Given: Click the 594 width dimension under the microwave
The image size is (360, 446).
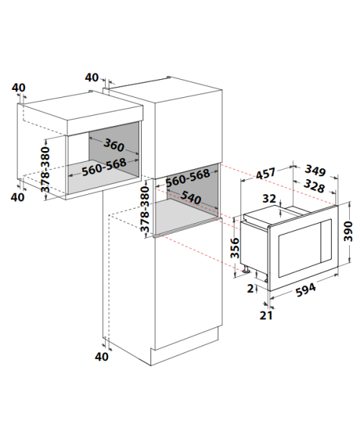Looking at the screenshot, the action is [x=306, y=290].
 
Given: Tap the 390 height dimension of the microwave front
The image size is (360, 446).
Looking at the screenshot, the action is [x=348, y=231].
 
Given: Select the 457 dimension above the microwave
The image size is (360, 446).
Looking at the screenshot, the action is [x=266, y=173].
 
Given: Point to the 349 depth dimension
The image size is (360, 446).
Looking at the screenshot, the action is [x=315, y=170].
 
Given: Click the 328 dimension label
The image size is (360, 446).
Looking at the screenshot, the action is [x=314, y=186].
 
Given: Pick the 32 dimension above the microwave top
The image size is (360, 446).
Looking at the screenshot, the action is [x=269, y=199].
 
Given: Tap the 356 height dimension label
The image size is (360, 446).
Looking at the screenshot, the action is [x=235, y=248].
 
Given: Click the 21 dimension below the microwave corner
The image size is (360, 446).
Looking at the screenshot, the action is [x=266, y=315].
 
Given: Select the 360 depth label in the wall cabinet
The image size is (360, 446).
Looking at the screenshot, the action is [x=114, y=145].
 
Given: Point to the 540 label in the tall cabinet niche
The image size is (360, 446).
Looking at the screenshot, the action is [x=191, y=197].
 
